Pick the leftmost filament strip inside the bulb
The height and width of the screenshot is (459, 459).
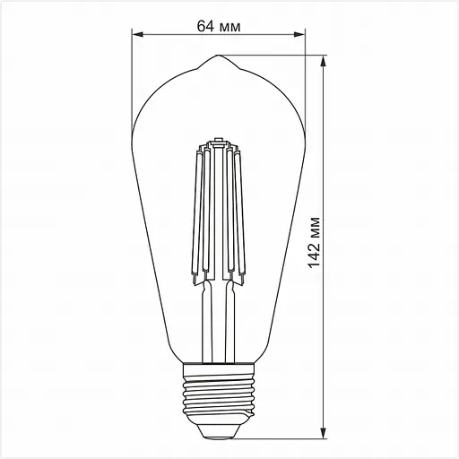(x=193, y=215)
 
